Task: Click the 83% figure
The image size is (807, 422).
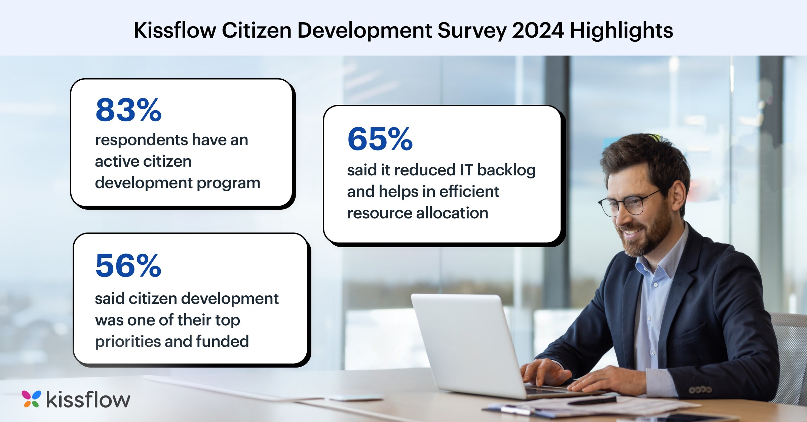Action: pyautogui.click(x=128, y=110)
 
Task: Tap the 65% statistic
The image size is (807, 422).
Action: pyautogui.click(x=380, y=139)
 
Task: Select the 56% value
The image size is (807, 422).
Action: pyautogui.click(x=128, y=265)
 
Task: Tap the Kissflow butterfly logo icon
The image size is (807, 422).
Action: pyautogui.click(x=31, y=399)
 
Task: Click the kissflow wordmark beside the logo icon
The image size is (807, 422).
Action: pyautogui.click(x=88, y=399)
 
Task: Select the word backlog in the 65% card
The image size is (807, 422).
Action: pyautogui.click(x=506, y=170)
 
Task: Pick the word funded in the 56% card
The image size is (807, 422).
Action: pyautogui.click(x=222, y=341)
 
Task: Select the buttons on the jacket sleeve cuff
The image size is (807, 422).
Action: pyautogui.click(x=700, y=390)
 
